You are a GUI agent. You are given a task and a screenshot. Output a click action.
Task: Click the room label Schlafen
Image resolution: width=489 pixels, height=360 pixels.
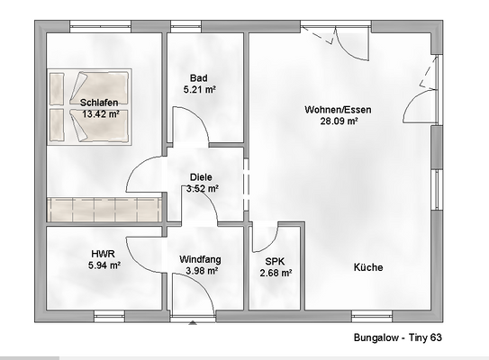tap(98, 103)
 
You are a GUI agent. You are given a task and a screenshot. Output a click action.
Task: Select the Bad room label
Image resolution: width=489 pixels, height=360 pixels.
tap(199, 77)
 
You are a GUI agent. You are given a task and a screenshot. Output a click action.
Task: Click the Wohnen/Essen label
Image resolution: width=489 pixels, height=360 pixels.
tap(338, 110)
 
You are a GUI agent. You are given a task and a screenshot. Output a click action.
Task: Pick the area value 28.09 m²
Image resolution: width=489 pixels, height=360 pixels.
tap(338, 121)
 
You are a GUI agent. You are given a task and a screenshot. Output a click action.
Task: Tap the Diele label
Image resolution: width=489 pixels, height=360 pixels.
tap(201, 177)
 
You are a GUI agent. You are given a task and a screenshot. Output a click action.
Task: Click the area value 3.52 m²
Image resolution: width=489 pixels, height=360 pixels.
tap(202, 189)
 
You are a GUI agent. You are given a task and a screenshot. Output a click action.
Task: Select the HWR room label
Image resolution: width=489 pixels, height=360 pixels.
tap(102, 254)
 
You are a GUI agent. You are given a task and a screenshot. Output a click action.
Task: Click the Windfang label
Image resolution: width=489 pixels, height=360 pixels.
tap(200, 259)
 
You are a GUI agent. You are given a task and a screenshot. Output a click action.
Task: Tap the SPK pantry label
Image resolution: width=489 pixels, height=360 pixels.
tap(275, 261)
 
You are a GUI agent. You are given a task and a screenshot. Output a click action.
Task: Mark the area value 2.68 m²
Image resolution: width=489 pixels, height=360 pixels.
tap(275, 273)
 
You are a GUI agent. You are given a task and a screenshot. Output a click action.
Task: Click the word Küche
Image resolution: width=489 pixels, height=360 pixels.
tap(368, 267)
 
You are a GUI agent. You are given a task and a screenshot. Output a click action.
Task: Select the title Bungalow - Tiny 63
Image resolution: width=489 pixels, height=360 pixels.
tap(398, 339)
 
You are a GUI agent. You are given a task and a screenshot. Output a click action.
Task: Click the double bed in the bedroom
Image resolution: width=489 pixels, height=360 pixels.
tap(90, 106)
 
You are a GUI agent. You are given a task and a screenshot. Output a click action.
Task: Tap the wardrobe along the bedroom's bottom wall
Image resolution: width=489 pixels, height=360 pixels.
tap(104, 210)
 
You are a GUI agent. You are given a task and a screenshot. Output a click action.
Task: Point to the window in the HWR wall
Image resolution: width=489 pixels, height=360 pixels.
tap(109, 315)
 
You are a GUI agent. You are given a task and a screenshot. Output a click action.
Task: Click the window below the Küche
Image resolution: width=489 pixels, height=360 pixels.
tap(372, 315)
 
